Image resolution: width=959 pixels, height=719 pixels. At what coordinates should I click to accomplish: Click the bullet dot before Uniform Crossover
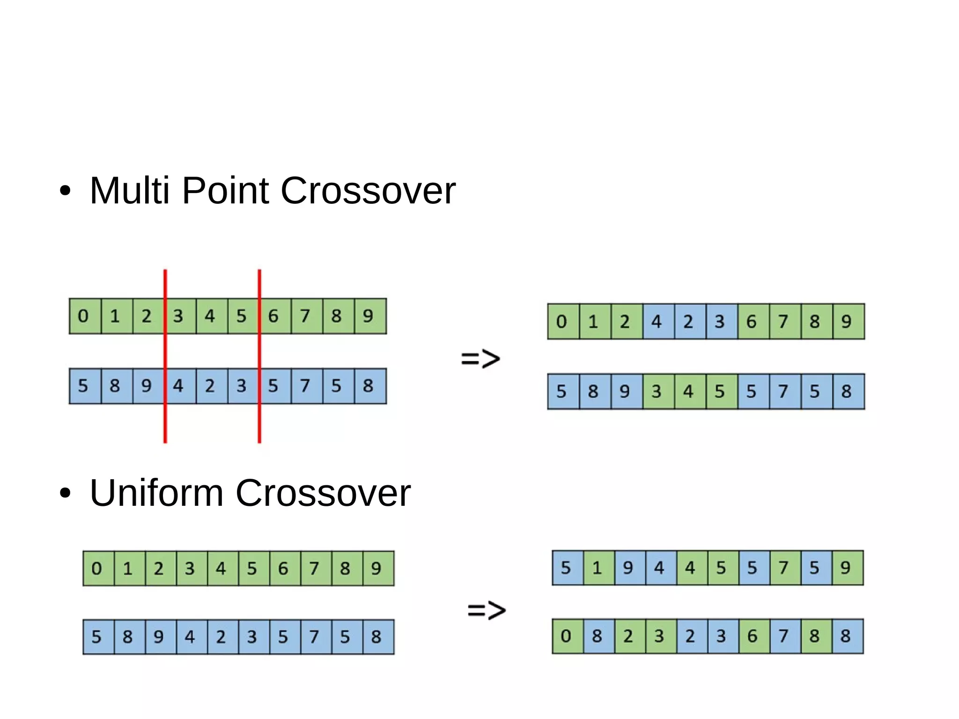pos(65,493)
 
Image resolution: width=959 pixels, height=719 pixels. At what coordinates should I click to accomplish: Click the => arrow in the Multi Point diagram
pos(480,359)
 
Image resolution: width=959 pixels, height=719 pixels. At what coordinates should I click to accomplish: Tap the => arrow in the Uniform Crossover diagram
pos(487,610)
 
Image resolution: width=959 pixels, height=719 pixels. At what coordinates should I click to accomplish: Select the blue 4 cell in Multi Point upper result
pos(657,321)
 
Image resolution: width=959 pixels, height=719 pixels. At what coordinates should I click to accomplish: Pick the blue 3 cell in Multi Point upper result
pos(720,321)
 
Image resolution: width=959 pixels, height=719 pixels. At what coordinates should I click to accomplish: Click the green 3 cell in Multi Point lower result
pos(657,391)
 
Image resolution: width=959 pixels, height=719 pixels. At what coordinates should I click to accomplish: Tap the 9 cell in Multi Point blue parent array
pos(147,385)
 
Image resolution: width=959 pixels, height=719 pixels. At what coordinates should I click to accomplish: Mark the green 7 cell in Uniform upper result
pos(784,568)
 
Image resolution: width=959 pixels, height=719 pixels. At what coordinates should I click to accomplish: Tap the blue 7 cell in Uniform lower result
pos(784,636)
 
